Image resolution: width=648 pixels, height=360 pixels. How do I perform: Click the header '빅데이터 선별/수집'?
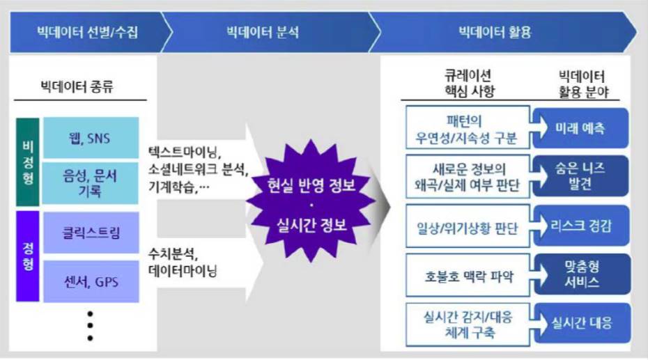pyautogui.click(x=88, y=32)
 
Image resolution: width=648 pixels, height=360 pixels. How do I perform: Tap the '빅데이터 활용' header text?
pyautogui.click(x=495, y=32)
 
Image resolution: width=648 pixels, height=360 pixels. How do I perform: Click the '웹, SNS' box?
pyautogui.click(x=91, y=138)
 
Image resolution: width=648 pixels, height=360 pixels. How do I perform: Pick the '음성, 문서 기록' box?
pyautogui.click(x=91, y=183)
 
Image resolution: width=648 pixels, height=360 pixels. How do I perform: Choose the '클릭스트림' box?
pyautogui.click(x=91, y=233)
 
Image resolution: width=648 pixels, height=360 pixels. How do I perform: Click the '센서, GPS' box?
pyautogui.click(x=91, y=281)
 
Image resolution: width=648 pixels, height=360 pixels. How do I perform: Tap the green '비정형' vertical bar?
pyautogui.click(x=28, y=162)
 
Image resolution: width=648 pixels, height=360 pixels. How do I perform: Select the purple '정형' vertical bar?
pyautogui.click(x=28, y=256)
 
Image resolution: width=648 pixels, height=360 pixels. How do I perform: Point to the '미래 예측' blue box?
pyautogui.click(x=580, y=128)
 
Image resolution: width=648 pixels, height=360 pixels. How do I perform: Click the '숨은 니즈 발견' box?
pyautogui.click(x=580, y=176)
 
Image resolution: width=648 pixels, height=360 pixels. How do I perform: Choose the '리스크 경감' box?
pyautogui.click(x=581, y=226)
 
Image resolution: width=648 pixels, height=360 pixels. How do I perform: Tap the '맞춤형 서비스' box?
pyautogui.click(x=582, y=274)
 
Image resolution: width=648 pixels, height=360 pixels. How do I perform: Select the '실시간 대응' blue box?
pyautogui.click(x=582, y=323)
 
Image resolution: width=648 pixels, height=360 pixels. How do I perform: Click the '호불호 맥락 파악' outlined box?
pyautogui.click(x=468, y=275)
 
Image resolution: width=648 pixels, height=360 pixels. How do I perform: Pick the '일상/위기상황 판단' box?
pyautogui.click(x=468, y=226)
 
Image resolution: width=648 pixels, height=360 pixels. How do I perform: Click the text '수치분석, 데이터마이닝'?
pyautogui.click(x=183, y=262)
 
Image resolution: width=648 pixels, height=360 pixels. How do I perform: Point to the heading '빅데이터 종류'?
pyautogui.click(x=77, y=87)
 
